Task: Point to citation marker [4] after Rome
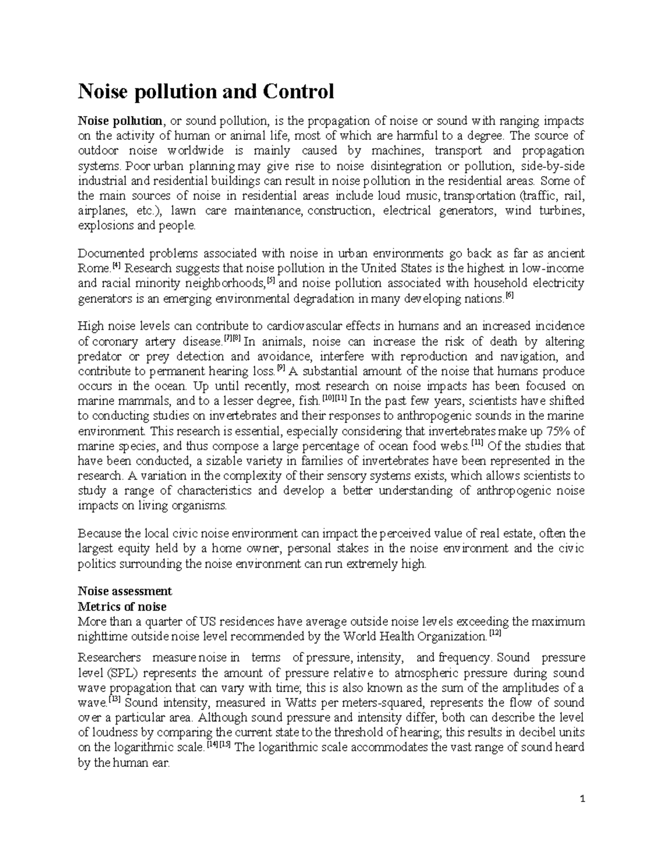(116, 265)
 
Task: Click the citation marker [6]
(509, 296)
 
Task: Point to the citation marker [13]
(114, 699)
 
